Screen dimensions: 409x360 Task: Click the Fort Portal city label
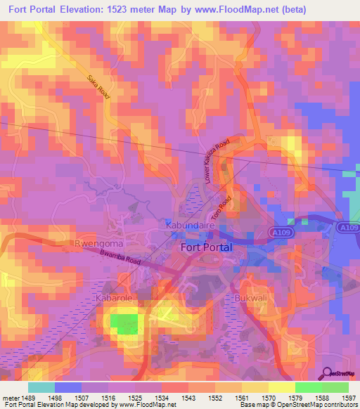coord(207,247)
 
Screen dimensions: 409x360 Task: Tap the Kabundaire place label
coord(189,225)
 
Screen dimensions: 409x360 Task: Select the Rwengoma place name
coord(99,244)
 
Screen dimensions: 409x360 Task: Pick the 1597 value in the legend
coord(349,398)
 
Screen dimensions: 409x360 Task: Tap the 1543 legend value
coord(188,398)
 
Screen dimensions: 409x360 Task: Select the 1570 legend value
coord(267,398)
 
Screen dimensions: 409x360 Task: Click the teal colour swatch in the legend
coord(41,387)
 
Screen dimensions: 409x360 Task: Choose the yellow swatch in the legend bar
coord(282,387)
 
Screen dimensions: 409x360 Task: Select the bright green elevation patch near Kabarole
coord(125,324)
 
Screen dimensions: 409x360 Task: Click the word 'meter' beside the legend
coord(11,398)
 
